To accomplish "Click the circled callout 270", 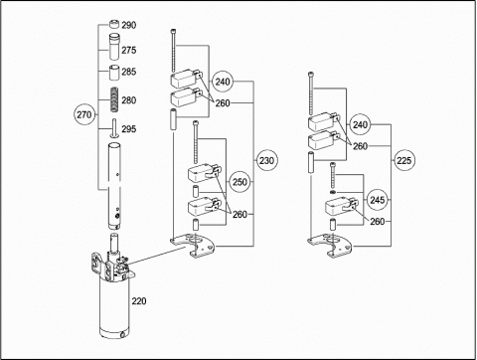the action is pos(84,114).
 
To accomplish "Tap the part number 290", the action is pos(128,25).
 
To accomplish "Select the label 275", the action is pos(128,50).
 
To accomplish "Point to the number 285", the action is pos(128,72).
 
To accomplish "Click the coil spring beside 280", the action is pos(114,99).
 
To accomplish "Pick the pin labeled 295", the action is pos(114,127).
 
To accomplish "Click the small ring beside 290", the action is pos(114,25).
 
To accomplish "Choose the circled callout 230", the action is pos(266,161).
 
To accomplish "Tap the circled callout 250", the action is pos(239,182).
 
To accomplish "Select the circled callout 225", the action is pos(403,161).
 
